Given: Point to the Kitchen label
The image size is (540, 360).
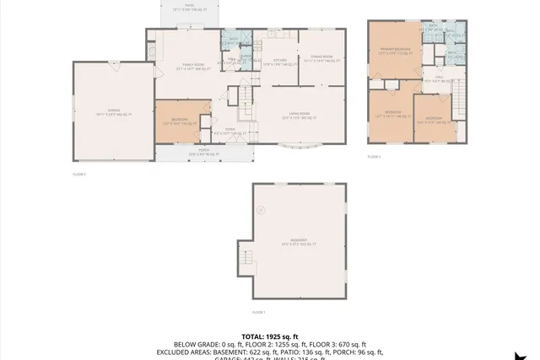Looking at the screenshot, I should tap(280, 62).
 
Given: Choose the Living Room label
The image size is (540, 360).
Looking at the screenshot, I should tap(300, 116).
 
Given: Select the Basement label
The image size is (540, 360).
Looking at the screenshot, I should tap(299, 242).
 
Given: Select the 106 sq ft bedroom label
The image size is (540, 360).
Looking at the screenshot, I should tap(434, 120).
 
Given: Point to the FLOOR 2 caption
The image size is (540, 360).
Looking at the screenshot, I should tap(79, 175).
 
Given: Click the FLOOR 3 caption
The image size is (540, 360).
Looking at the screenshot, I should tap(374, 157).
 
